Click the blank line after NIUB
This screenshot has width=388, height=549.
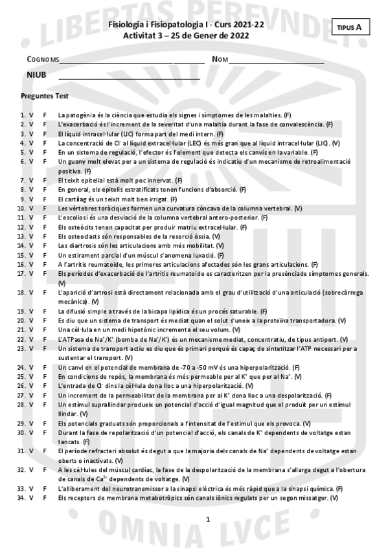click(x=129, y=77)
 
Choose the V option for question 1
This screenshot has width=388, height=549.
click(x=32, y=115)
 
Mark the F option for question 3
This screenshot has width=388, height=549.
click(x=45, y=133)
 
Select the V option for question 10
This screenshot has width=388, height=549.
click(x=32, y=208)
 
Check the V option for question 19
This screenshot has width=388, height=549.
click(x=32, y=311)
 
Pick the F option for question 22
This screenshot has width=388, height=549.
click(x=45, y=339)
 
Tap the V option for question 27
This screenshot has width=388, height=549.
click(x=32, y=395)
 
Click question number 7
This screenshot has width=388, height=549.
click(x=23, y=180)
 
